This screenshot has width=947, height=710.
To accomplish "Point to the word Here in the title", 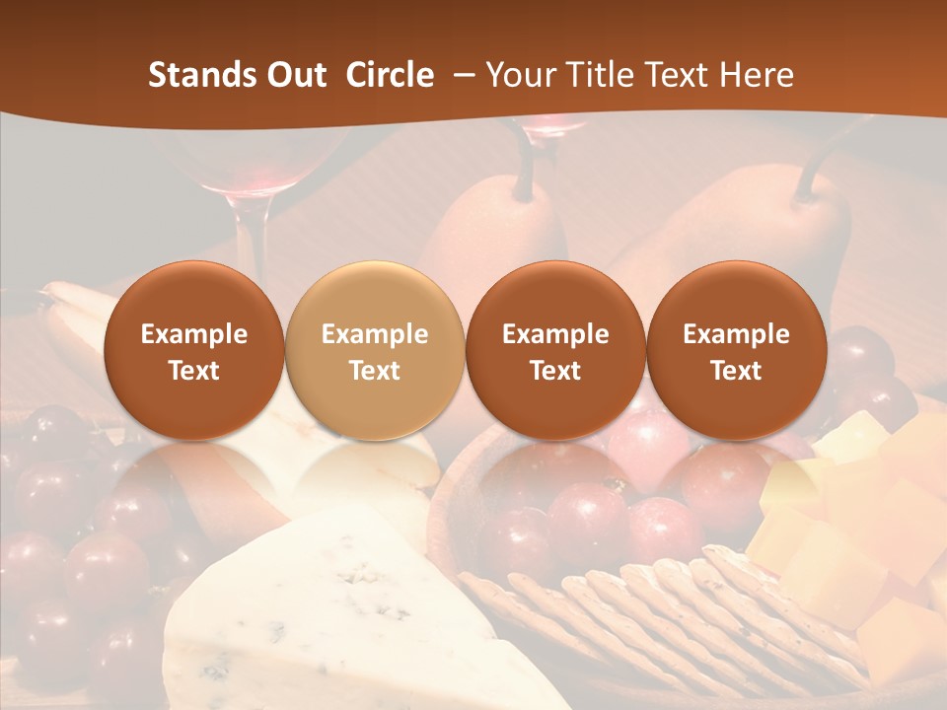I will pyautogui.click(x=758, y=75).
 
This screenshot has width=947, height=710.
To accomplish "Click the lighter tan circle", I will pyautogui.click(x=375, y=350).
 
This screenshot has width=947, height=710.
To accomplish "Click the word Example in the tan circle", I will pyautogui.click(x=375, y=334).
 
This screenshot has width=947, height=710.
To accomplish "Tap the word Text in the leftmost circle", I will pyautogui.click(x=194, y=371).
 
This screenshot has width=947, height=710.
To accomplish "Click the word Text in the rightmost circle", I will pyautogui.click(x=736, y=371).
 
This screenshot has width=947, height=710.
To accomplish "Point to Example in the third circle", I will pyautogui.click(x=555, y=334).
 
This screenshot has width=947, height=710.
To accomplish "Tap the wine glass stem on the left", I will pyautogui.click(x=252, y=237).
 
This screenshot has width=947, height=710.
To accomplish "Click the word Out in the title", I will pyautogui.click(x=295, y=75).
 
